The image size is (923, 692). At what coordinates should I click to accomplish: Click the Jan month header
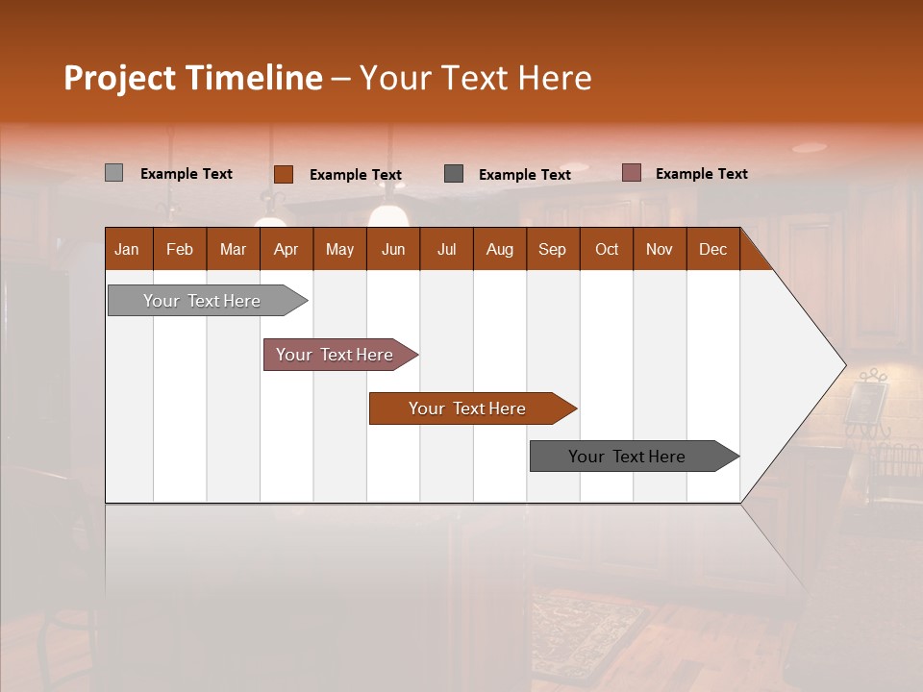pos(128,249)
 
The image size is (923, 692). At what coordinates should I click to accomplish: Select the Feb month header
pos(180,249)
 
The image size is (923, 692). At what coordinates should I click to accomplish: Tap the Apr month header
pos(286,249)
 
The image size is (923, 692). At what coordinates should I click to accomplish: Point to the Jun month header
pos(393,249)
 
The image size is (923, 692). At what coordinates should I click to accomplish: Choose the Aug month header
pos(499,249)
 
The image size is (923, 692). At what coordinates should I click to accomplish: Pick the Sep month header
pos(552,249)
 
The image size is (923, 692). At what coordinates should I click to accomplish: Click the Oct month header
pos(607,249)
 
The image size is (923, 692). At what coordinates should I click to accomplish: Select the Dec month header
pos(712,249)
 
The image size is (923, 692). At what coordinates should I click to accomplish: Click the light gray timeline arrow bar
pos(203,301)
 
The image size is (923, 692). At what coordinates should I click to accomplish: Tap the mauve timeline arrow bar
pos(336,355)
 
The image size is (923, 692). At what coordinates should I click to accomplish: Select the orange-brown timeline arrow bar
pos(467,408)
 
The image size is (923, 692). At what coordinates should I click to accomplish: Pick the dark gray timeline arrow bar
pos(628,457)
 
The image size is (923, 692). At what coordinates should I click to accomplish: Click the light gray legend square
pos(113,173)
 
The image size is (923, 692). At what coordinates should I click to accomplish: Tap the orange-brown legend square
pos(284,174)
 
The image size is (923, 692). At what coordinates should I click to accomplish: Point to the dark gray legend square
pos(454,174)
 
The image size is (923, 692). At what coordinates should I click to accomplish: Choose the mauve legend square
pos(632,173)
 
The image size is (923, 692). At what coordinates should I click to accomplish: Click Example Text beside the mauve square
pos(701,174)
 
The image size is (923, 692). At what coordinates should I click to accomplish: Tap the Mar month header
pos(233,249)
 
